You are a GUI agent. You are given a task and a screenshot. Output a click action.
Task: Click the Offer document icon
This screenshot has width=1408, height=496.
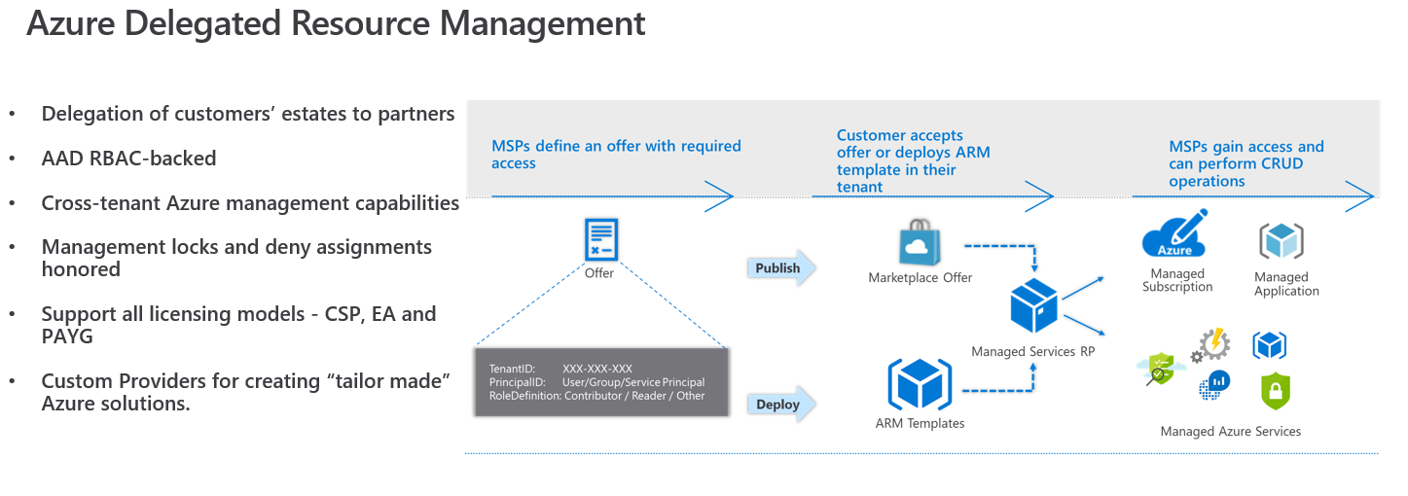click(600, 239)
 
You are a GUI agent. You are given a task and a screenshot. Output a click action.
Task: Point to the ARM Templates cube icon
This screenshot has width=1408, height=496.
click(920, 384)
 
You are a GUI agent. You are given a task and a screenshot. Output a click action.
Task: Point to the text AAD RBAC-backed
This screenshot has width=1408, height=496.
click(128, 158)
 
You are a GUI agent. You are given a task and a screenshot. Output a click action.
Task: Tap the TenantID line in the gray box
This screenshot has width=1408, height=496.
click(560, 370)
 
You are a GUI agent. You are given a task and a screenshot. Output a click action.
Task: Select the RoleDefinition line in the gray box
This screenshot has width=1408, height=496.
click(596, 396)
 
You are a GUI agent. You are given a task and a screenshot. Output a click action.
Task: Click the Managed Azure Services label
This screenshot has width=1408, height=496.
click(1230, 432)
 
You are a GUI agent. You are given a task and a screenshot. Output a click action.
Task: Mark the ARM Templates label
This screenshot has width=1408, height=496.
click(920, 423)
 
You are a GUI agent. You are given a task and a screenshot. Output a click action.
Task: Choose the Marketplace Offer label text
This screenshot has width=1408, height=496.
click(920, 278)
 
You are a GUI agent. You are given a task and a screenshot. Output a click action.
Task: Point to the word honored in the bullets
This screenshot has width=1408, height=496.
click(81, 269)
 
